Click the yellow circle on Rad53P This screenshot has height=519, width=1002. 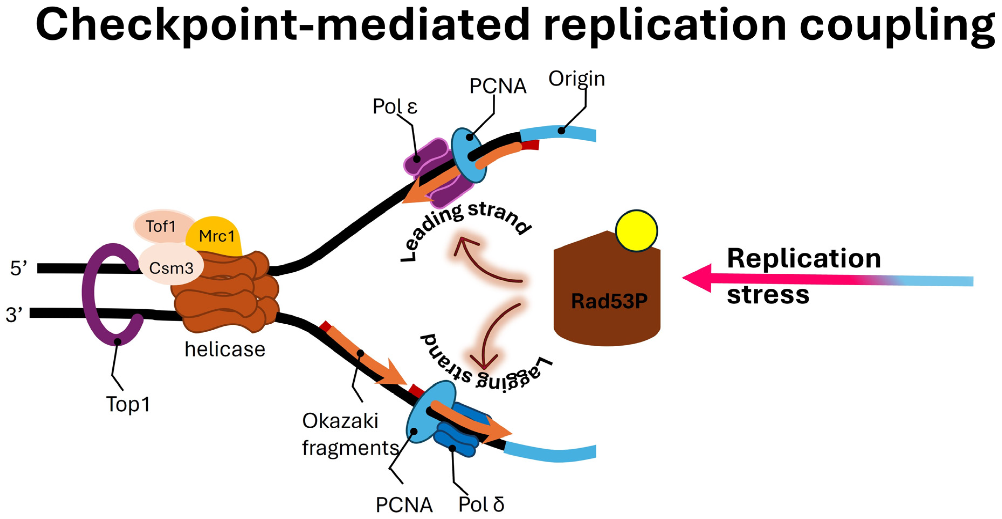pyautogui.click(x=636, y=231)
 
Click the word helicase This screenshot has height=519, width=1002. pyautogui.click(x=225, y=349)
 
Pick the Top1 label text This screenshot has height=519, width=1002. pyautogui.click(x=128, y=404)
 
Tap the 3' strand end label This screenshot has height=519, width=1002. pyautogui.click(x=14, y=315)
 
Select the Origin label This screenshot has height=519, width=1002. pyautogui.click(x=576, y=79)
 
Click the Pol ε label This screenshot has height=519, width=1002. pyautogui.click(x=395, y=106)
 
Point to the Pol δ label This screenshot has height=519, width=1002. pyautogui.click(x=481, y=505)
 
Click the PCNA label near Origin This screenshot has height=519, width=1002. pyautogui.click(x=498, y=86)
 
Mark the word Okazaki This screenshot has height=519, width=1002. pyautogui.click(x=340, y=421)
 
